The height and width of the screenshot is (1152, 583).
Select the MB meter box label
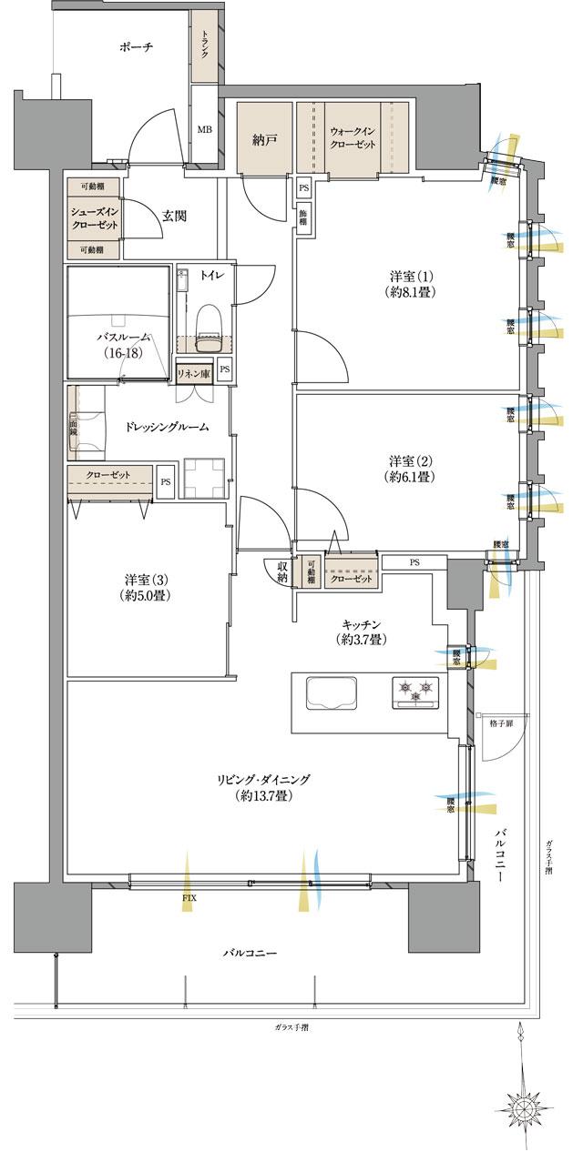click(x=205, y=129)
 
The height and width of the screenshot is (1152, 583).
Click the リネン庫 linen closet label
click(x=194, y=373)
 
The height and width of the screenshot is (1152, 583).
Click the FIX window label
click(x=188, y=898)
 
